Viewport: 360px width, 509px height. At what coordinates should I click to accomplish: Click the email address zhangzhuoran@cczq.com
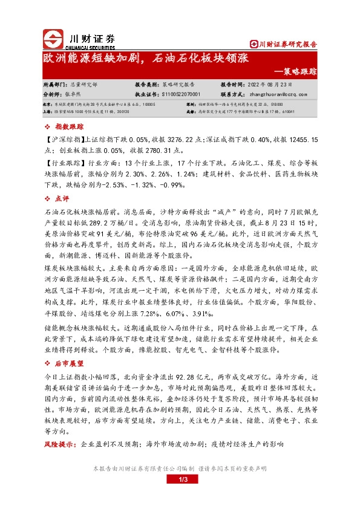click(278, 94)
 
